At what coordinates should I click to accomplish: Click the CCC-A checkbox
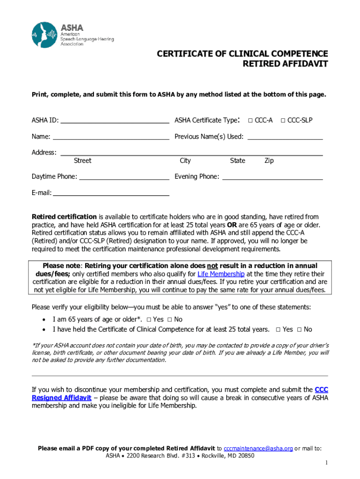click(251, 121)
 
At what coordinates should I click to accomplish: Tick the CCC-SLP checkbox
click(283, 121)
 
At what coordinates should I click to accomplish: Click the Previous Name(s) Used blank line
click(285, 137)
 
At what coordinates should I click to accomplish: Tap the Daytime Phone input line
click(124, 177)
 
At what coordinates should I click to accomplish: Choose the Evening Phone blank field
click(272, 177)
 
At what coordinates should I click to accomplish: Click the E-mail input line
click(111, 192)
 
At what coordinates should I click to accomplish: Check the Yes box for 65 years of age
click(149, 319)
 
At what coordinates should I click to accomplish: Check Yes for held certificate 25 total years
click(278, 330)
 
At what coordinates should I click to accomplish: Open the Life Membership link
click(221, 274)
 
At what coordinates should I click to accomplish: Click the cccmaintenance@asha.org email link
click(259, 449)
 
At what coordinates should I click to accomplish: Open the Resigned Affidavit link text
click(61, 398)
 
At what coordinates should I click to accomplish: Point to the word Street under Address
click(82, 161)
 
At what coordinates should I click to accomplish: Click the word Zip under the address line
click(269, 161)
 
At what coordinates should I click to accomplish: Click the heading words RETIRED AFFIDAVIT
click(285, 64)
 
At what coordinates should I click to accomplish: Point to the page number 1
click(327, 463)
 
